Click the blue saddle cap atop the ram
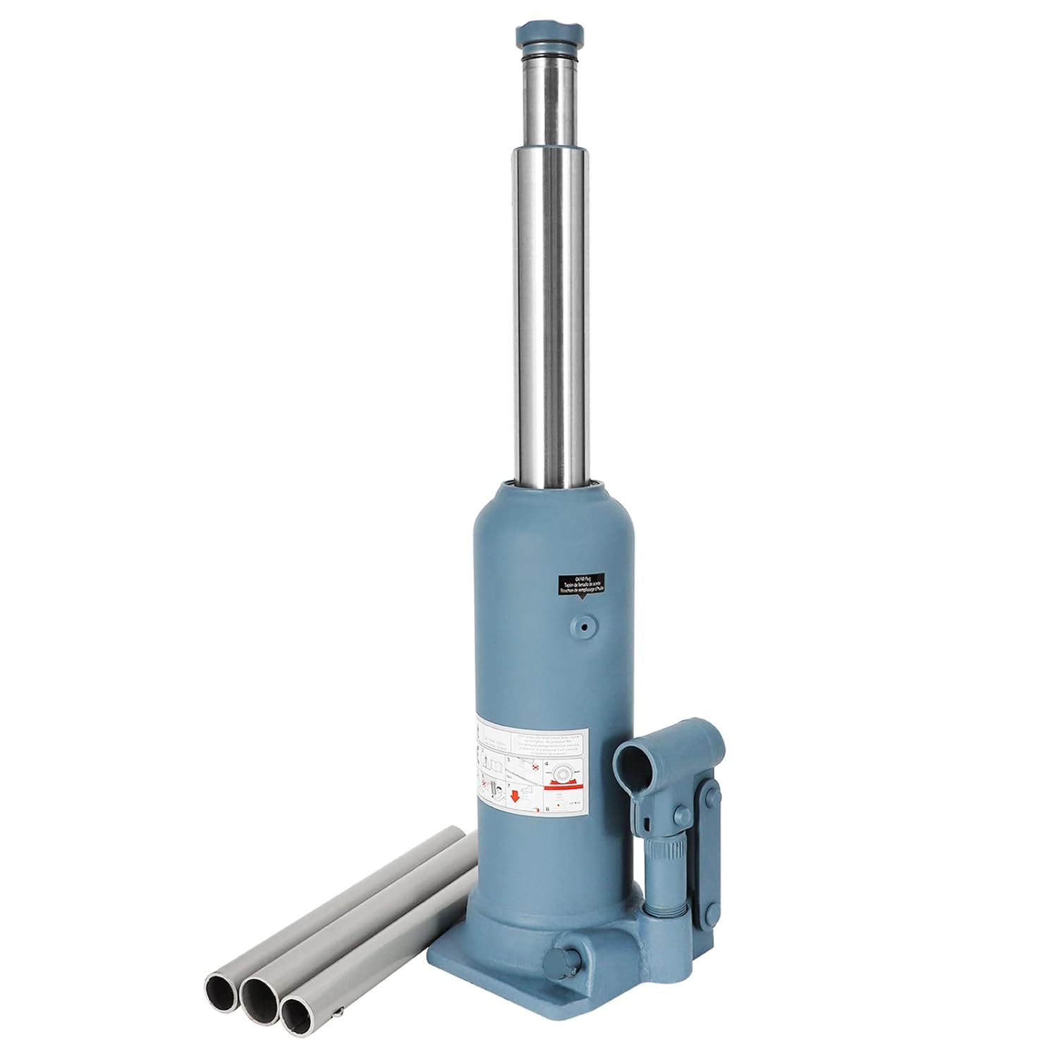(x=550, y=33)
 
